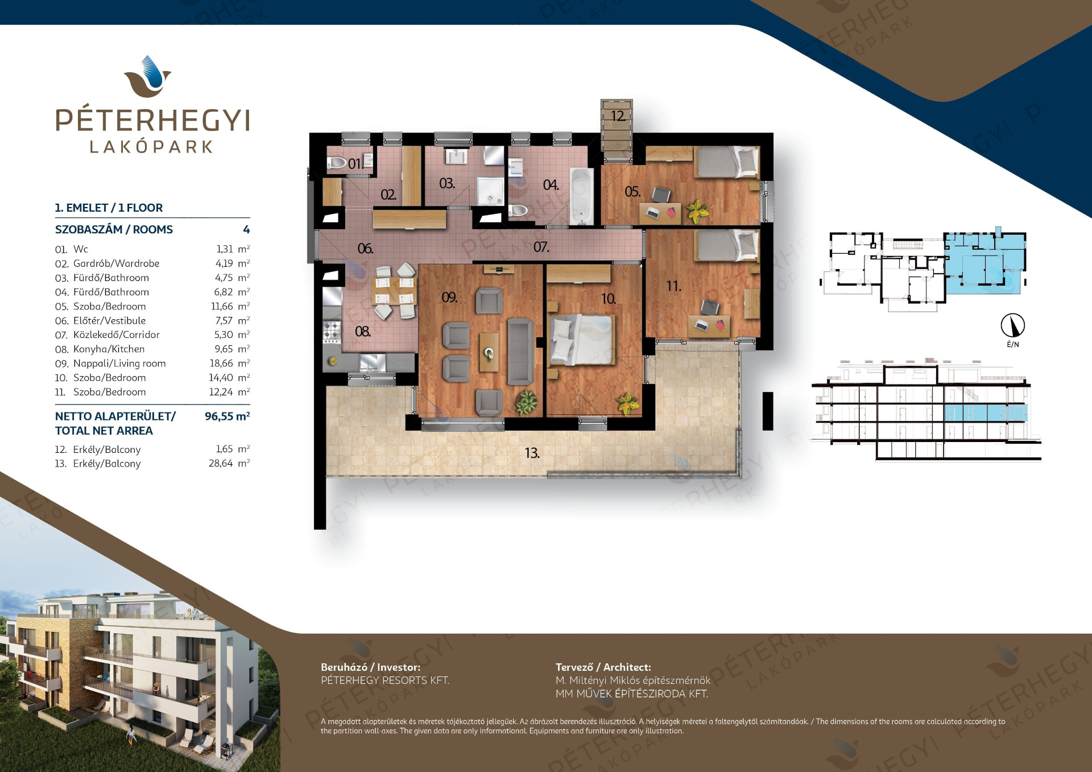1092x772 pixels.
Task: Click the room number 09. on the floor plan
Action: point(449,298)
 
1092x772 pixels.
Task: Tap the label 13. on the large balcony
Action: point(532,453)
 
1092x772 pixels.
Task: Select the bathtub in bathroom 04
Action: point(581,196)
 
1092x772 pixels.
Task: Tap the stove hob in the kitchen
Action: point(332,331)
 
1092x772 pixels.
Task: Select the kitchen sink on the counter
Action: point(372,362)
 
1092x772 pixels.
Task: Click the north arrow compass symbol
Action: point(1013,325)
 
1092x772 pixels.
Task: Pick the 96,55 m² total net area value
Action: point(227,416)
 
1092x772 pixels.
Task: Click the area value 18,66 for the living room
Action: point(221,364)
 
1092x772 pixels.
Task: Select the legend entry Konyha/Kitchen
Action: point(109,349)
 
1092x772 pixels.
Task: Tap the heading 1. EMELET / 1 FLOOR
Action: point(109,208)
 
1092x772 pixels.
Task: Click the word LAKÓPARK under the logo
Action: point(151,147)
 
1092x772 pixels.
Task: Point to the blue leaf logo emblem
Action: point(148,76)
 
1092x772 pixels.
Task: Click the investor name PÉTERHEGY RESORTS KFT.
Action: point(385,680)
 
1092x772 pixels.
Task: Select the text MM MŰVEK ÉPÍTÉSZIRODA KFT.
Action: point(632,694)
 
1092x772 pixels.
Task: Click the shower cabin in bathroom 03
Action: point(490,191)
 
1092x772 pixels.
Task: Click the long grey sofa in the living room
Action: point(520,351)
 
